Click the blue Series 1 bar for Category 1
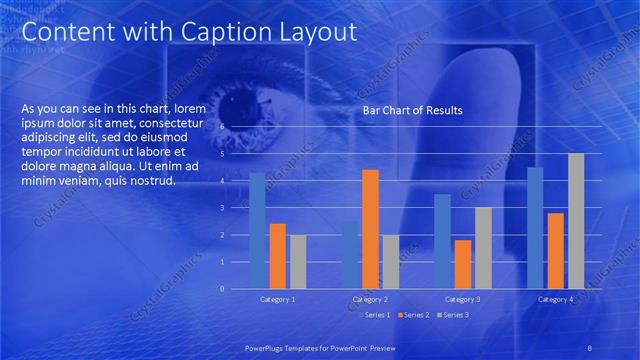[258, 230]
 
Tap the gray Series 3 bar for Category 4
[576, 221]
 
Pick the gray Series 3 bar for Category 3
[483, 248]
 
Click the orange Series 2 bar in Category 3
[463, 264]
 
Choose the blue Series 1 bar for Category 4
[535, 228]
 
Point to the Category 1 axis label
[278, 300]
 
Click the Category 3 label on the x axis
[463, 300]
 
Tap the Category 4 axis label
[556, 300]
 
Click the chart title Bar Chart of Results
[412, 110]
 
